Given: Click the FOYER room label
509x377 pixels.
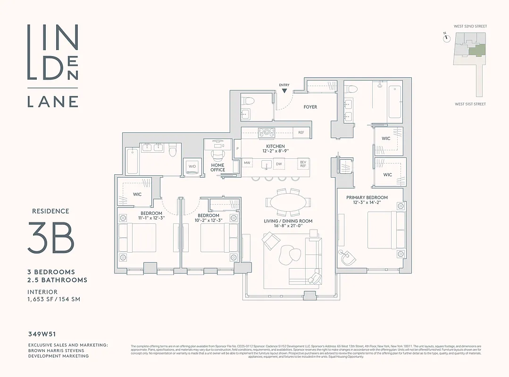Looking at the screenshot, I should tap(310, 107).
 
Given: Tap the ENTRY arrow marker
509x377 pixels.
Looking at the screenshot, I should tap(284, 90).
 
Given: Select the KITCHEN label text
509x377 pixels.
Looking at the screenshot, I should tap(275, 147).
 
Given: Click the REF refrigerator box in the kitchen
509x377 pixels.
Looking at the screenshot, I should tap(301, 132).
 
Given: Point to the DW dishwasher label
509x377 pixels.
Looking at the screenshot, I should tap(279, 164).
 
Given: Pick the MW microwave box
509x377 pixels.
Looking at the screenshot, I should tap(247, 163).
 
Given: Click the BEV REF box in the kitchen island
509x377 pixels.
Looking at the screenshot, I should tap(303, 164).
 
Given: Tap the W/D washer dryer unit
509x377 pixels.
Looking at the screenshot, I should tap(192, 167).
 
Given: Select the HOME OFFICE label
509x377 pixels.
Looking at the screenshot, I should tap(217, 167).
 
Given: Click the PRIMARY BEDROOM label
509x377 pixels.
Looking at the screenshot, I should tap(367, 197).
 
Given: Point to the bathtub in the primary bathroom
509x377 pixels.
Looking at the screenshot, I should tap(394, 102).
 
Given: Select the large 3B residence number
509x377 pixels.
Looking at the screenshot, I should tap(50, 237).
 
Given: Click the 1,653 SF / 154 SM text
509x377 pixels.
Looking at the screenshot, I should tap(53, 299).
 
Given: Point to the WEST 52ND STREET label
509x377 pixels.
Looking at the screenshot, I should tap(470, 26).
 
